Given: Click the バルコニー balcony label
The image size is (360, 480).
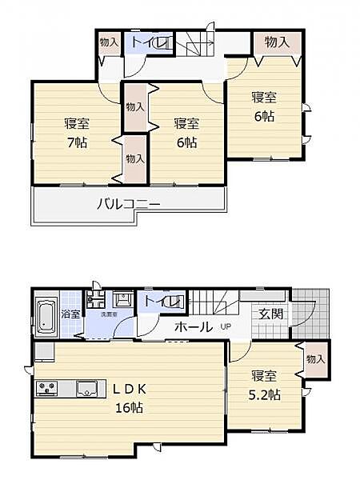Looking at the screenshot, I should click(x=128, y=204).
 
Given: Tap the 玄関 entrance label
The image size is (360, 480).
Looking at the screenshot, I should click(x=270, y=314).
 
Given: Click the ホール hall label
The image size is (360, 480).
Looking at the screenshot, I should click(x=193, y=326).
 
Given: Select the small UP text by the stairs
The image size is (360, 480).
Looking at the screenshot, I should click(x=226, y=326).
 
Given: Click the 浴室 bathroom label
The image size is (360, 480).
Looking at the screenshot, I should click(x=71, y=314).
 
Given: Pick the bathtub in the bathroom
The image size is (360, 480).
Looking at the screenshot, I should click(x=46, y=313).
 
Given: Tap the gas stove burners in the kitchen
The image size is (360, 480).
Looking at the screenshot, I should click(x=46, y=389).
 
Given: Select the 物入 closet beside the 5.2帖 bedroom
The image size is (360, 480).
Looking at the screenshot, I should click(x=316, y=359).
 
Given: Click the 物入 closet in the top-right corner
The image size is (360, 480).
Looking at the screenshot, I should click(x=277, y=42).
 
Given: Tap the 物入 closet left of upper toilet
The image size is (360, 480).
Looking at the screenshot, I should click(x=109, y=42).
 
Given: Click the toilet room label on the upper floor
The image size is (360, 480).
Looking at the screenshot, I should click(x=149, y=42).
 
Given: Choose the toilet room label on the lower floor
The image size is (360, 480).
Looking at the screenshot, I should click(x=164, y=302).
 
